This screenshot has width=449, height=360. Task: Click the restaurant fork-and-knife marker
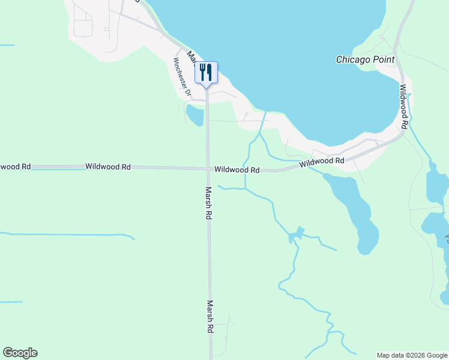[205, 73]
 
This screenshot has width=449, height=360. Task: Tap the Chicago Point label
[365, 59]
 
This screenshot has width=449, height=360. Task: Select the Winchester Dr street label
[182, 78]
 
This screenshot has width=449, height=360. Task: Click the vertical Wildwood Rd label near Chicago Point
[404, 107]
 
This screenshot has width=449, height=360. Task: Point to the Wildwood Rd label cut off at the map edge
[15, 166]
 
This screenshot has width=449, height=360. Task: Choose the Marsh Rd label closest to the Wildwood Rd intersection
[208, 203]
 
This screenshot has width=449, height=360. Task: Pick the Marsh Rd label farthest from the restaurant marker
[210, 317]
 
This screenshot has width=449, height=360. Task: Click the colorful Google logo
[20, 353]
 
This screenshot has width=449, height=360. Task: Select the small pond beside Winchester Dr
[194, 115]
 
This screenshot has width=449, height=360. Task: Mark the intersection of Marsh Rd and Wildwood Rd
[208, 169]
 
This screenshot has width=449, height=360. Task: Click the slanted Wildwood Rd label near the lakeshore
[322, 161]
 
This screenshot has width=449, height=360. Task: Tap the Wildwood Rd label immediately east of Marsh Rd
[237, 170]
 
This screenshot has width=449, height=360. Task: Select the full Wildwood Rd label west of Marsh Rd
[108, 167]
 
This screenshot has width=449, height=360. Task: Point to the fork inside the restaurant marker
[202, 72]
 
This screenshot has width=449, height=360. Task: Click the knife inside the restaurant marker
[209, 72]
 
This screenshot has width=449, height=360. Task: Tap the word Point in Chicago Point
[382, 59]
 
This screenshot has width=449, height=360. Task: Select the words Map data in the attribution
[387, 355]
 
